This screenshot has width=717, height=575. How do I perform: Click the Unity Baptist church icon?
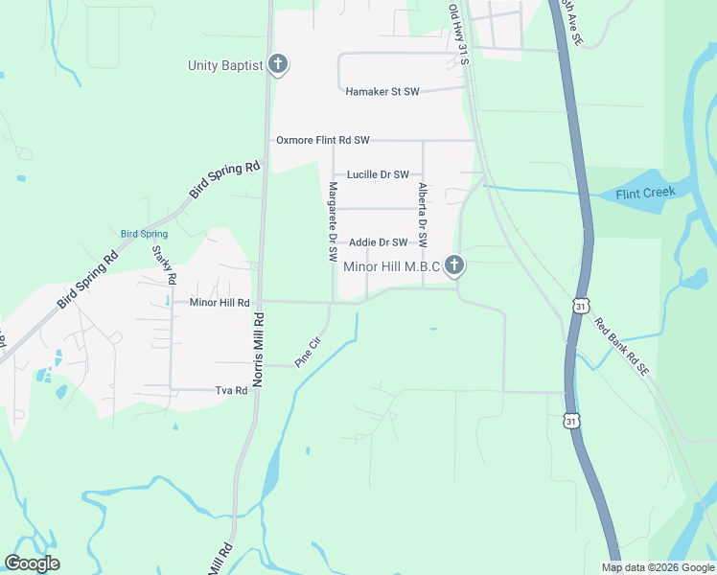(278, 65)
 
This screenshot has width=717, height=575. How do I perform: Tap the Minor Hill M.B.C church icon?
(455, 265)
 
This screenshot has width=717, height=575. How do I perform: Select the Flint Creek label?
(645, 192)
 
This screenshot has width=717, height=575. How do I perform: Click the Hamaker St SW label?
(382, 92)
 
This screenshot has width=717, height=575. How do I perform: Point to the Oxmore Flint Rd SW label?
(323, 140)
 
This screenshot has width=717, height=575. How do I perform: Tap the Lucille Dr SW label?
(378, 174)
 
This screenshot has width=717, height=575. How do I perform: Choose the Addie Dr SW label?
(379, 242)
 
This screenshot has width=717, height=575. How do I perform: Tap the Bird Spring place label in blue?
(144, 234)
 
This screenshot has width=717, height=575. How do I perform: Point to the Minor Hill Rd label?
(220, 302)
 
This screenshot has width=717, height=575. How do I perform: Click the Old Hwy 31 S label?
(459, 34)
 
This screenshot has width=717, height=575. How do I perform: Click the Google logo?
(32, 563)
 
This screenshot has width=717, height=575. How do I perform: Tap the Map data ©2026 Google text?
(657, 567)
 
